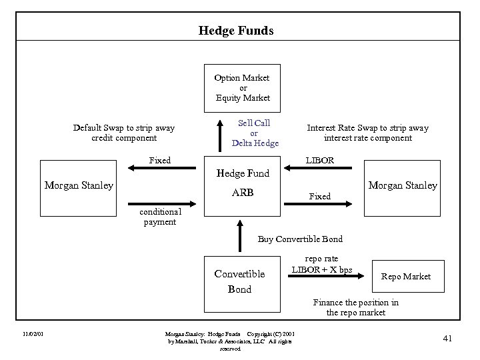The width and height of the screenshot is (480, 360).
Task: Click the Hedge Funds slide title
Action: pyautogui.click(x=236, y=30)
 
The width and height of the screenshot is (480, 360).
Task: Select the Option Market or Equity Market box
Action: pyautogui.click(x=242, y=87)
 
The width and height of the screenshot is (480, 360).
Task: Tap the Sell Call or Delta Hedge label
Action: pyautogui.click(x=255, y=133)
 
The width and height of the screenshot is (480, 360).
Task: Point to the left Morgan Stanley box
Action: pyautogui.click(x=78, y=185)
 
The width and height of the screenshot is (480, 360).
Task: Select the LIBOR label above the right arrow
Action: pyautogui.click(x=319, y=161)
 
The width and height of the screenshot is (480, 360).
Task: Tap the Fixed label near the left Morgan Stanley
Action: pyautogui.click(x=160, y=161)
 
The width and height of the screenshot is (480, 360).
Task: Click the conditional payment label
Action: pyautogui.click(x=159, y=217)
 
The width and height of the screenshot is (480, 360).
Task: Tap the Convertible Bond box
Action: pyautogui.click(x=240, y=281)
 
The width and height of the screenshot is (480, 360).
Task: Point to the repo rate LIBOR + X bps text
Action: pyautogui.click(x=321, y=264)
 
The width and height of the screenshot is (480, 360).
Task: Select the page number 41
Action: pyautogui.click(x=447, y=339)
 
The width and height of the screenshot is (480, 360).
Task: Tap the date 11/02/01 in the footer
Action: pyautogui.click(x=33, y=333)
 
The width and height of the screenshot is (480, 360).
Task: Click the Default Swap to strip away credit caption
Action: pyautogui.click(x=124, y=133)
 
